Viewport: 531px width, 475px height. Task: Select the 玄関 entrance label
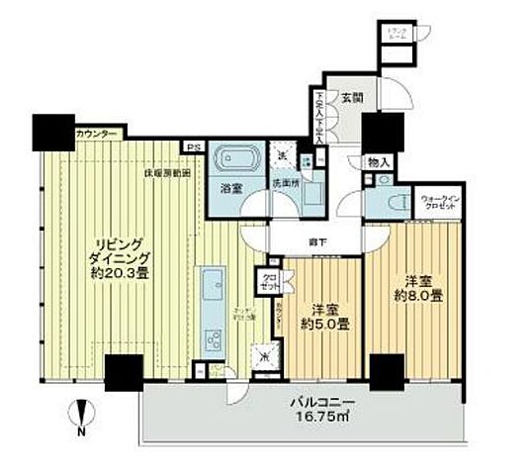click(x=352, y=97)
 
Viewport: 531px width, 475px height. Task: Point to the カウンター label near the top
click(x=96, y=134)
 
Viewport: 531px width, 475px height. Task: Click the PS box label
click(x=190, y=148)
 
